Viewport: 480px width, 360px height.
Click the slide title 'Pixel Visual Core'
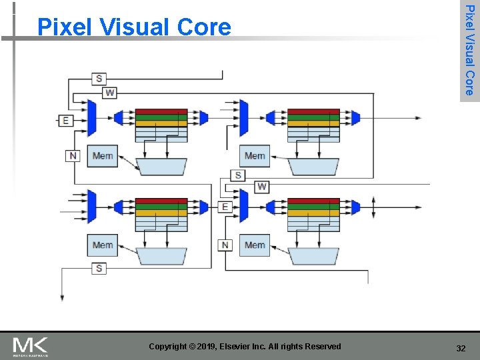(134, 27)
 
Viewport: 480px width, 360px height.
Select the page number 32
(461, 349)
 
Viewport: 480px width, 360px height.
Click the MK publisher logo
(31, 347)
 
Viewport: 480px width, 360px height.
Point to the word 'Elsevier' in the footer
(246, 347)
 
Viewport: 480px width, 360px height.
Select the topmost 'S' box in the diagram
(99, 79)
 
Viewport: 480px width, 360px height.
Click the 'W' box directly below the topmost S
(110, 93)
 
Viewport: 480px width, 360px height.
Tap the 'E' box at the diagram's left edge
(65, 121)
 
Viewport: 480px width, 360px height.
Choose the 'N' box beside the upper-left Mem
(73, 155)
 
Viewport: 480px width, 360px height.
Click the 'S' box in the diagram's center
(238, 175)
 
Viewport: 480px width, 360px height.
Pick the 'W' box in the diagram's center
(262, 186)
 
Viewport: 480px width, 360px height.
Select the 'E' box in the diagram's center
(225, 207)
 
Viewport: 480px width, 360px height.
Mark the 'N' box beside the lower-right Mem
(225, 245)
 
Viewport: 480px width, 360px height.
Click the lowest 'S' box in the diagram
(99, 268)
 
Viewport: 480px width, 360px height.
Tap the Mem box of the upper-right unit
(255, 156)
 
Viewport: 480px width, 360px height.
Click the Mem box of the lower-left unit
(103, 245)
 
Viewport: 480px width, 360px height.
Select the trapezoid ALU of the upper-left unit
(161, 167)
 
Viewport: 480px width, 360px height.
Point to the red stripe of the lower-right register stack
(313, 201)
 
